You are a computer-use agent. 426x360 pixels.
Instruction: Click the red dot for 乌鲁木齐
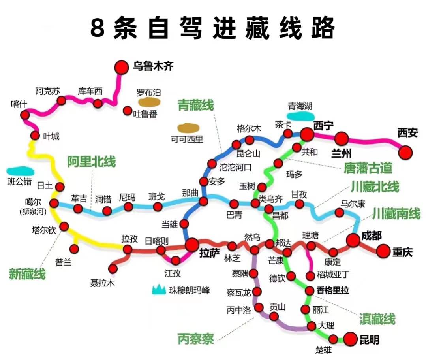pos(122,67)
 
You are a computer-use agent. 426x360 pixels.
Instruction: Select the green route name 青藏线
pos(195,106)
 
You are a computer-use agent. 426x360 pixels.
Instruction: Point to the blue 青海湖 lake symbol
pos(300,116)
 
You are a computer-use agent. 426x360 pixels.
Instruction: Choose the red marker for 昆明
pos(350,339)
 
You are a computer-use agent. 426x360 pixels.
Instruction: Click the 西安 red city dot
pos(405,152)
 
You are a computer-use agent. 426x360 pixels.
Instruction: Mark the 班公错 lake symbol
pos(20,171)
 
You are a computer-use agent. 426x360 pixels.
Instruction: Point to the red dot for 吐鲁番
pos(127,111)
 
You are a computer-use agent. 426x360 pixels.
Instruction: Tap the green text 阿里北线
pos(91,162)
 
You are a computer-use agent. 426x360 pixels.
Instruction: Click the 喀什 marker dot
pos(25,115)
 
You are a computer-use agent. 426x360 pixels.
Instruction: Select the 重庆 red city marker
pos(383,251)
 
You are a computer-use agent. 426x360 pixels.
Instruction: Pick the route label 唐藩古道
pos(368,168)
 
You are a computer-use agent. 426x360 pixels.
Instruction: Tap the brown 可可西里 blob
pos(188,128)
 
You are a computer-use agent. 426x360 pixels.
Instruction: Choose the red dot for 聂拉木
pos(113,269)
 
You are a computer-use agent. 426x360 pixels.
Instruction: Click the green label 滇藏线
pos(377,318)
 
